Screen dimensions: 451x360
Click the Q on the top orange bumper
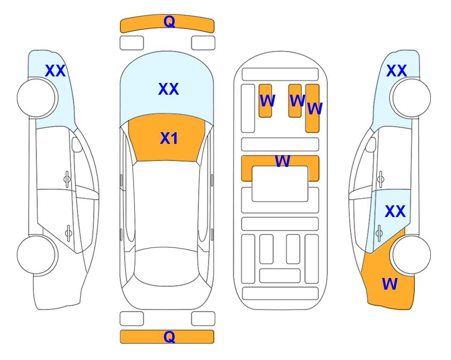[x=169, y=21]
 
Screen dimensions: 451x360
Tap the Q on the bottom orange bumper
[x=169, y=337]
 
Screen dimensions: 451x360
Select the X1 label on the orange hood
[x=169, y=138]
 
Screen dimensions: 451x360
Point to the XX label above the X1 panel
[x=169, y=89]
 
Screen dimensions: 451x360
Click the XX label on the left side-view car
[x=55, y=71]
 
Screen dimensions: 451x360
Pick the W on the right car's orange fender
[x=390, y=284]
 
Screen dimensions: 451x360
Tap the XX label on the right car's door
[x=395, y=211]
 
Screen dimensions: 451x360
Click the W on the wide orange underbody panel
[x=282, y=161]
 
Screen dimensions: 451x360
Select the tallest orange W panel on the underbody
[x=312, y=108]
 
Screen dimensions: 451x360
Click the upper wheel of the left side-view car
[x=37, y=98]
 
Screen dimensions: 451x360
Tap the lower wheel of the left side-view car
[x=37, y=255]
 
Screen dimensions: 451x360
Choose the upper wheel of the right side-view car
[x=411, y=98]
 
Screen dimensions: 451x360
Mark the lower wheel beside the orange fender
[x=411, y=255]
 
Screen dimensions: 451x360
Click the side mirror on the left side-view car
[x=77, y=144]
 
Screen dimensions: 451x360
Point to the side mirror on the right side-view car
[x=371, y=144]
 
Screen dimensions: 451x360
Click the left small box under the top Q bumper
[x=132, y=43]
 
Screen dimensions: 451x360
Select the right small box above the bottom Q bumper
[x=203, y=319]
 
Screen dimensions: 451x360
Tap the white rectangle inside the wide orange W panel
[x=280, y=184]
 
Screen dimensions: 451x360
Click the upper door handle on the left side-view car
[x=67, y=180]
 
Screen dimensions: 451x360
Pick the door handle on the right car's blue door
[x=379, y=233]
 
